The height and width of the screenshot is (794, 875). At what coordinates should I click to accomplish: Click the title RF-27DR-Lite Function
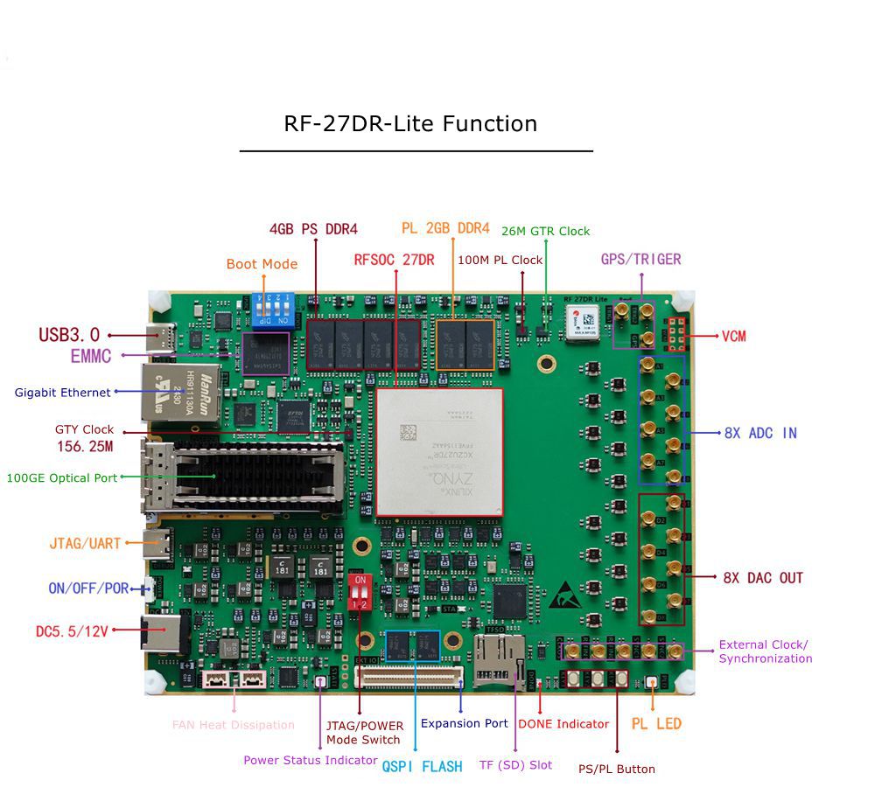pyautogui.click(x=410, y=123)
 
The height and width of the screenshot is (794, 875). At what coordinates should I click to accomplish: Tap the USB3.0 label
pyautogui.click(x=69, y=335)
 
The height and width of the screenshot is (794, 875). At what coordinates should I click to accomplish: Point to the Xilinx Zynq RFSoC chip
pyautogui.click(x=439, y=451)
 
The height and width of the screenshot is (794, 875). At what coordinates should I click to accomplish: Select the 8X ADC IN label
pyautogui.click(x=760, y=433)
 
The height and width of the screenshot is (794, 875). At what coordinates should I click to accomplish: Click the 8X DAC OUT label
pyautogui.click(x=762, y=578)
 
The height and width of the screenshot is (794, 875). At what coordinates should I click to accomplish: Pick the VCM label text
pyautogui.click(x=733, y=336)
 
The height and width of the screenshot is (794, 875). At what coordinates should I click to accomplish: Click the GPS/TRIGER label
pyautogui.click(x=640, y=259)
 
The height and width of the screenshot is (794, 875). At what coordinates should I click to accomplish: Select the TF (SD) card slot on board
pyautogui.click(x=499, y=662)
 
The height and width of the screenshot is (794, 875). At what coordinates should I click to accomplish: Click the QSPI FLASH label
pyautogui.click(x=422, y=766)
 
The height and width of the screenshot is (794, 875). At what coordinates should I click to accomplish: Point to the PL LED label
pyautogui.click(x=656, y=724)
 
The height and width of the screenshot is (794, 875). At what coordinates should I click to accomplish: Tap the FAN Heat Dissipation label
pyautogui.click(x=233, y=725)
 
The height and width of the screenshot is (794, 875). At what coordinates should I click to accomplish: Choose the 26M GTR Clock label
pyautogui.click(x=545, y=232)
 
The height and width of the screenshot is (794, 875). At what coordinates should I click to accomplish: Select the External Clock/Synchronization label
pyautogui.click(x=765, y=651)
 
